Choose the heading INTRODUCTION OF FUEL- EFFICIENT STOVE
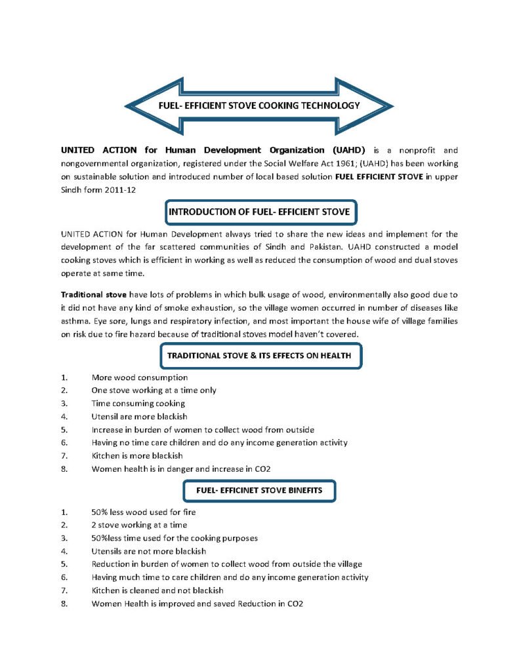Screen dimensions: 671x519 [x=259, y=212]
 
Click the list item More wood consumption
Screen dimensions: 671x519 [x=140, y=377]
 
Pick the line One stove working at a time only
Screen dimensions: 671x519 [x=154, y=390]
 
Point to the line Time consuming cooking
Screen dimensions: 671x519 [x=138, y=403]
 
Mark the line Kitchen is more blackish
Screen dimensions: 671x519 [x=137, y=455]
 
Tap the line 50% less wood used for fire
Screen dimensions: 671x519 [x=144, y=512]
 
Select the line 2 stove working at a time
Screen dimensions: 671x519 [x=139, y=525]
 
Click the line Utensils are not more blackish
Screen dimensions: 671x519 [x=149, y=551]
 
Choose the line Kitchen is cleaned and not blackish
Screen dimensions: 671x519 [x=157, y=590]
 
